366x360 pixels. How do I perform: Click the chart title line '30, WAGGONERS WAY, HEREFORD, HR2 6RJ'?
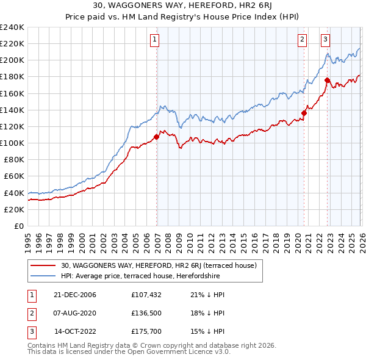182,5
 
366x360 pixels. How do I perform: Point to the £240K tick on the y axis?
12,27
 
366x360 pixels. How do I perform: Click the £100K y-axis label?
12,143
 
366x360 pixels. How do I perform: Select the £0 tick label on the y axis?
19,226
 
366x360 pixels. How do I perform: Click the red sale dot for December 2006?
157,137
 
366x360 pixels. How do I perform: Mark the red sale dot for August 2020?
304,113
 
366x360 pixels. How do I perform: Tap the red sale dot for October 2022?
328,80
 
